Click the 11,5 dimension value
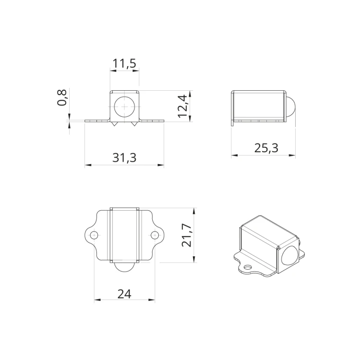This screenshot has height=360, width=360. tap(124, 63)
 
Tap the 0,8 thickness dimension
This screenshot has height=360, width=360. tap(62, 97)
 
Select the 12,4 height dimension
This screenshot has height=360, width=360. tap(183, 106)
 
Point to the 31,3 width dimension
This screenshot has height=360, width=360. tap(124, 158)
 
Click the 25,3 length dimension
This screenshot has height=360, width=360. tap(266, 148)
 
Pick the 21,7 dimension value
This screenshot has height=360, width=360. tap(186, 235)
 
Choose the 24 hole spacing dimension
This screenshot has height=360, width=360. tap(124, 294)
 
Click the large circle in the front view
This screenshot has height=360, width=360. tap(124, 107)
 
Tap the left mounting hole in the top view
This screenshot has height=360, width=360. tap(94, 235)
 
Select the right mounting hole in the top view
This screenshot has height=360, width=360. tap(155, 235)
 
